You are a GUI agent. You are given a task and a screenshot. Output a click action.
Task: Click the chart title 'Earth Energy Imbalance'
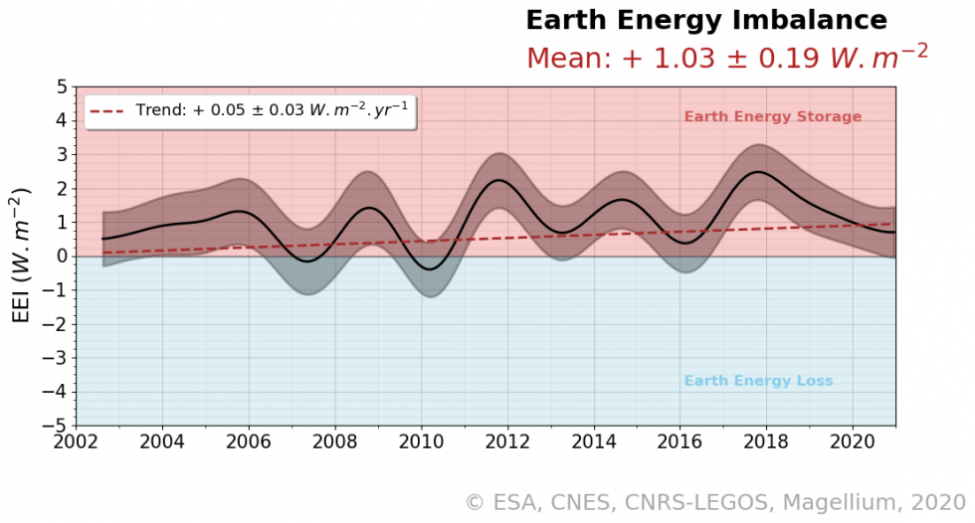click(705, 20)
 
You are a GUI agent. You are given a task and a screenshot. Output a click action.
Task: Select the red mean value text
click(726, 58)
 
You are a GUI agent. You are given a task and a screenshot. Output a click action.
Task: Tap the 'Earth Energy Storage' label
click(772, 117)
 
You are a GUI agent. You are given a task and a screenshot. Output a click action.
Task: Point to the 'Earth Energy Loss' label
click(758, 382)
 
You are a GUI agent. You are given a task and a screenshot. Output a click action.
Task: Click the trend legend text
click(271, 111)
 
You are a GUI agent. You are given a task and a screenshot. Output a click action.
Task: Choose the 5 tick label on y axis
click(62, 87)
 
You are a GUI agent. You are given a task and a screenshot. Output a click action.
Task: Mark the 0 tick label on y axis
click(62, 257)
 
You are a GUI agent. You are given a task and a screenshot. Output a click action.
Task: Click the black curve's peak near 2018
click(759, 172)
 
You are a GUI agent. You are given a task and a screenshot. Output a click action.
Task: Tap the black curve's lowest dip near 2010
click(430, 269)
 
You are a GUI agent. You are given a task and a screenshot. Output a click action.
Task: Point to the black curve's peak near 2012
click(499, 180)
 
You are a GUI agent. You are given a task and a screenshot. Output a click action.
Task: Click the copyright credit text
click(714, 503)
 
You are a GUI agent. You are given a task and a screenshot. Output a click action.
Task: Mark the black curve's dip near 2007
click(308, 261)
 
